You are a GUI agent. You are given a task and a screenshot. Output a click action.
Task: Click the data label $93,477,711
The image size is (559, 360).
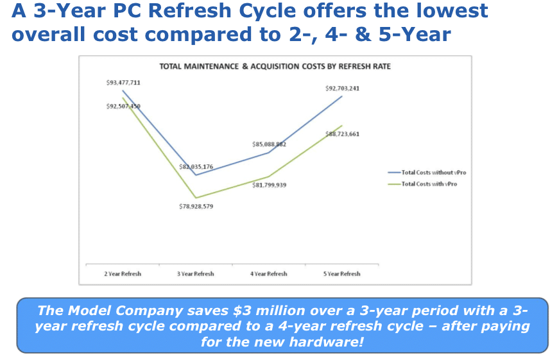(123, 83)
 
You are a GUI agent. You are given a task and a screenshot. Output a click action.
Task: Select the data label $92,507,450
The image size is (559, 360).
(123, 106)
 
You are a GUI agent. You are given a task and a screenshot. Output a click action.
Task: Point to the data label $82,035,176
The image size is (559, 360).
(196, 167)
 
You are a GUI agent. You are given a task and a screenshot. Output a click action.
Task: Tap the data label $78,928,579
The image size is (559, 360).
(196, 207)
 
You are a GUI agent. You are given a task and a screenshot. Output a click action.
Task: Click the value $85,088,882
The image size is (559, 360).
(269, 145)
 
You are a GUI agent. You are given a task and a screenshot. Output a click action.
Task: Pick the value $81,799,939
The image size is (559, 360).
(269, 185)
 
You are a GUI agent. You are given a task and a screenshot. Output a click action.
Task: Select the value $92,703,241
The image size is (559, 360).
(342, 88)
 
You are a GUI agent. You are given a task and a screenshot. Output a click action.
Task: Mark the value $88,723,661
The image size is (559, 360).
(342, 134)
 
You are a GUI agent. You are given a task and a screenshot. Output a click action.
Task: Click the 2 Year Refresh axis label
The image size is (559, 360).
(123, 274)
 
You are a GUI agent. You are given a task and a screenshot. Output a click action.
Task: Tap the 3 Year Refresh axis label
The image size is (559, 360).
(196, 274)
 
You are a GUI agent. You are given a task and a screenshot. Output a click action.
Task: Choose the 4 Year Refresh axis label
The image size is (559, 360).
(269, 274)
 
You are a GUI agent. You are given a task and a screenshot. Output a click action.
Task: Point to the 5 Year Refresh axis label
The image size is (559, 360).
(342, 274)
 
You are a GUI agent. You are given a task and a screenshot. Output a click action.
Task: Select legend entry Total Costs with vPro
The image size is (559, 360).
(429, 184)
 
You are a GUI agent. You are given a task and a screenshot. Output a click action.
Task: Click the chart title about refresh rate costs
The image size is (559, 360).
(275, 67)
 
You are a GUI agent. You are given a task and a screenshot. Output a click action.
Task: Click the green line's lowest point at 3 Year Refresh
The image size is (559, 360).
(196, 198)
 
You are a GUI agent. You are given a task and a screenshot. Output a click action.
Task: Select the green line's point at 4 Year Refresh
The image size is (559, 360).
(269, 176)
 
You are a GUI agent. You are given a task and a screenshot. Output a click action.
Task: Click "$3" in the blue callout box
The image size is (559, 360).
(241, 311)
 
